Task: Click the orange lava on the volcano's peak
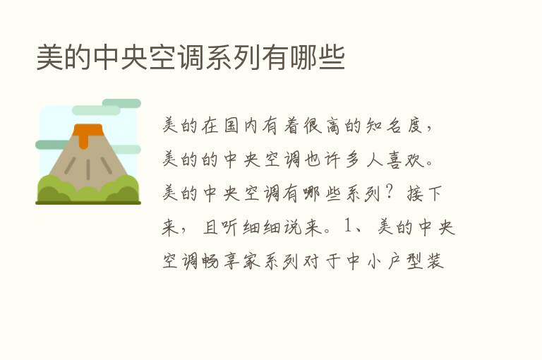(x=88, y=133)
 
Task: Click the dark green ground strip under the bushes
(x=88, y=203)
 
